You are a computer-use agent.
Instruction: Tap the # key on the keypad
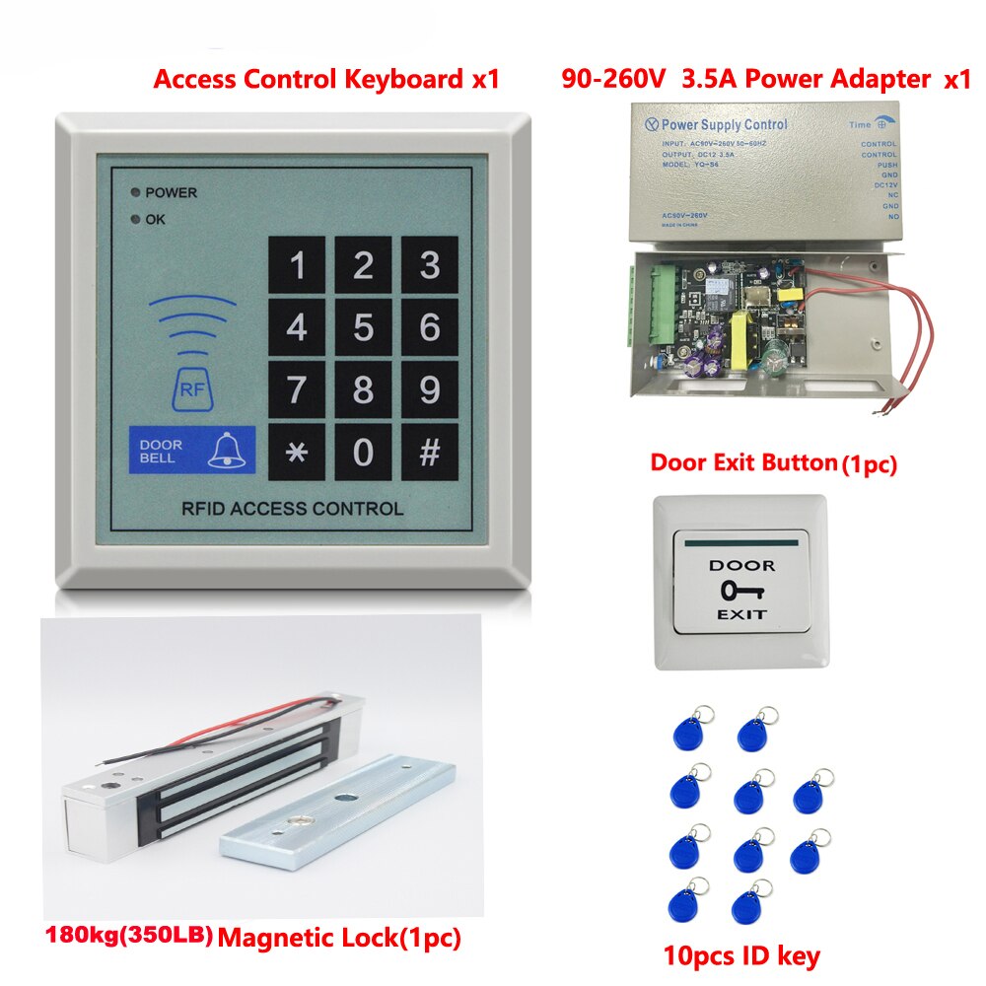pos(429,453)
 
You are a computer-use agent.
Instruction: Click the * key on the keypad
pos(297,453)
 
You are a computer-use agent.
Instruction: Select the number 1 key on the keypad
pos(297,265)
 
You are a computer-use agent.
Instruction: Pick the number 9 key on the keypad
pos(429,390)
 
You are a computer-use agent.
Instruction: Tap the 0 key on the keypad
pos(363,453)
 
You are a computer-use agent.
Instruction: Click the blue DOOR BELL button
pos(190,451)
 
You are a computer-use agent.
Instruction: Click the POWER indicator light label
pos(170,192)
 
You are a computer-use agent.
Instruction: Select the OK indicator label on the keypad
pos(155,219)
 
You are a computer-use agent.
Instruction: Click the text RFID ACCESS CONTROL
pos(292,509)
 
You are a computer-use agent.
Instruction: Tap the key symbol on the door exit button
pos(741,591)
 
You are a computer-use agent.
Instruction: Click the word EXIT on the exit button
pos(741,614)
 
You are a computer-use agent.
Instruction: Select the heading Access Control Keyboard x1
pos(325,80)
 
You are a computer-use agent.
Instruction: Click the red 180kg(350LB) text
pos(128,933)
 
